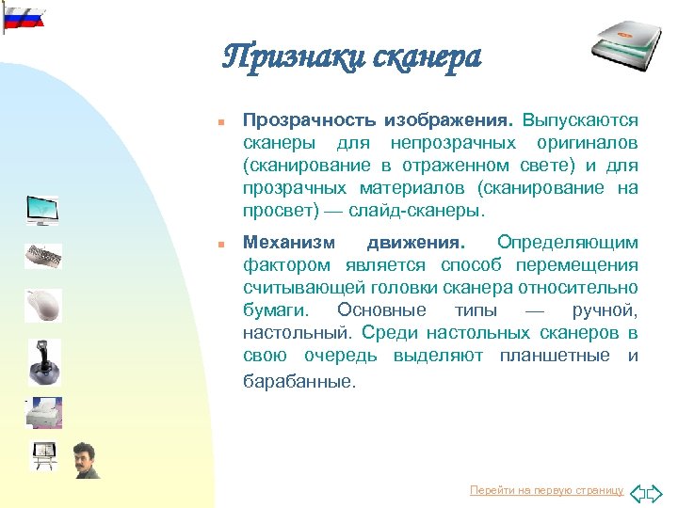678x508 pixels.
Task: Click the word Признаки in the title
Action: [282, 58]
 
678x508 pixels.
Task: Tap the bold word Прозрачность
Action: [309, 121]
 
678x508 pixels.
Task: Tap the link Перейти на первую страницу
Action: [546, 491]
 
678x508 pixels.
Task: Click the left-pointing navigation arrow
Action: [637, 492]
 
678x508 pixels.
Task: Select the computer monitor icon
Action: [42, 210]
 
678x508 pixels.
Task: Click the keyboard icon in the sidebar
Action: [42, 255]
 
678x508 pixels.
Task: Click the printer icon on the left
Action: [42, 411]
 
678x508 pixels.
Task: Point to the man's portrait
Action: [87, 460]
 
